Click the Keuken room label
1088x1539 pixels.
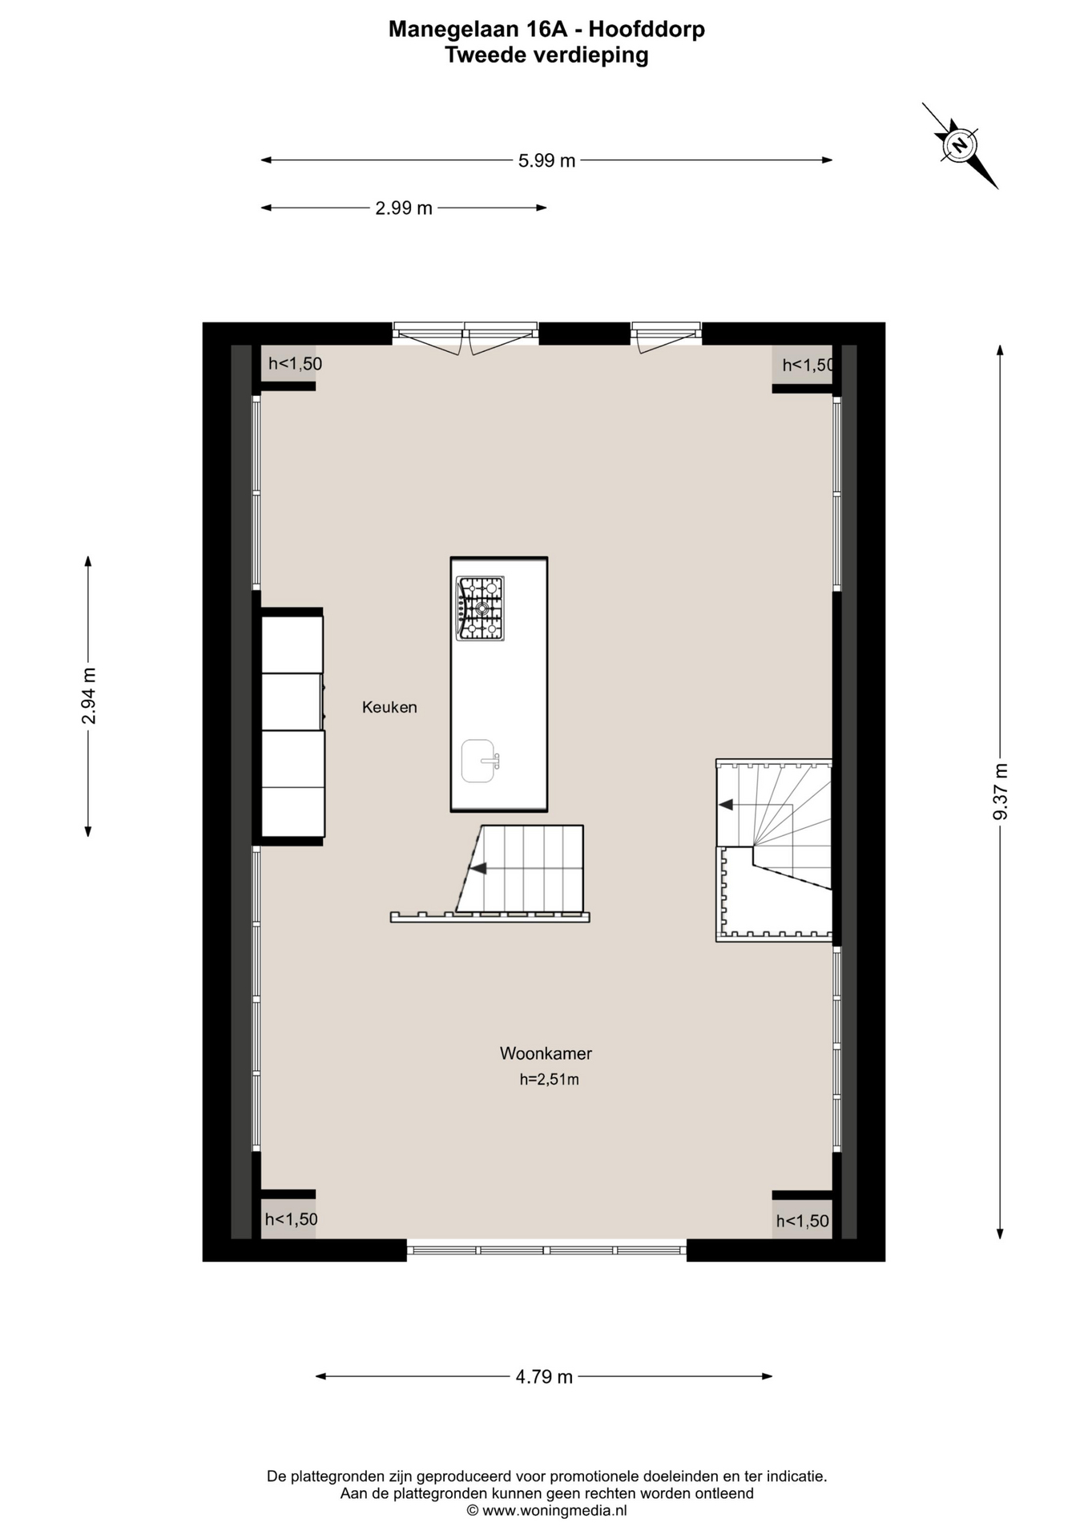click(x=389, y=707)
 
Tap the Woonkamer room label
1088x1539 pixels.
click(x=546, y=1053)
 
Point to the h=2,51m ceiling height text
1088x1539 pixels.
click(x=549, y=1080)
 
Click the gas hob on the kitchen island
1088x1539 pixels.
click(x=480, y=608)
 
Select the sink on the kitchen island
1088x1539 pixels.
click(x=480, y=761)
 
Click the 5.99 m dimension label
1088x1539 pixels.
click(x=546, y=160)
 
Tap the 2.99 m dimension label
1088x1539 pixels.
click(x=404, y=208)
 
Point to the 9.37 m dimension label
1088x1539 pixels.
click(x=1001, y=792)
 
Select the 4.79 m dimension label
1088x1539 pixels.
click(x=544, y=1377)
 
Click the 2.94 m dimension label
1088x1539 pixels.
click(x=89, y=696)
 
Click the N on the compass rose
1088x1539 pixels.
click(x=959, y=145)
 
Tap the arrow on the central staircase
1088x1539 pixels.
click(x=478, y=868)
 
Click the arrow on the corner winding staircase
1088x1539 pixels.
click(x=726, y=805)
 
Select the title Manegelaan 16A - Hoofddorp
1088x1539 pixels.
click(x=546, y=30)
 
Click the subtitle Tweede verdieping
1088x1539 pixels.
click(x=546, y=55)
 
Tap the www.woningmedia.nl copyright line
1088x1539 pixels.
click(x=546, y=1511)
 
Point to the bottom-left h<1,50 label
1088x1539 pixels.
click(x=292, y=1219)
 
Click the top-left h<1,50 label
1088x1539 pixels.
click(x=295, y=364)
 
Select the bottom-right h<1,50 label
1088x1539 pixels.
click(x=803, y=1222)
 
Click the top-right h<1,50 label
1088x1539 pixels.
click(x=808, y=366)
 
